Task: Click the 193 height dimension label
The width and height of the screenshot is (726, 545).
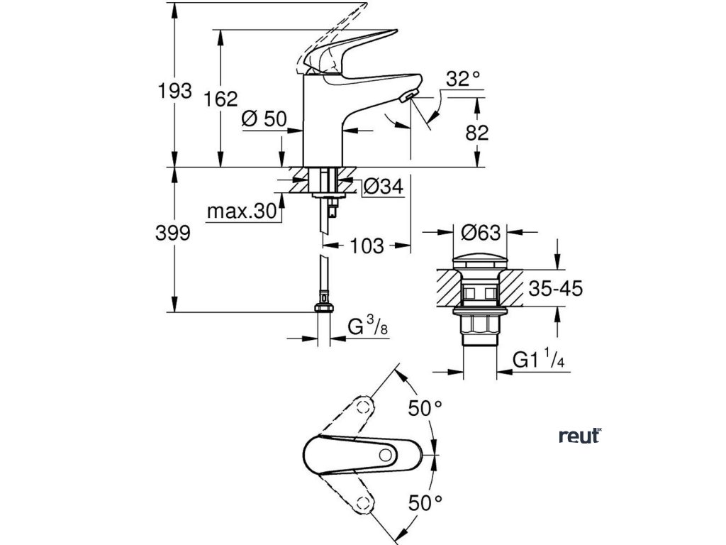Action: (174, 91)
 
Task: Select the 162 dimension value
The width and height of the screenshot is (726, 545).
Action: (221, 99)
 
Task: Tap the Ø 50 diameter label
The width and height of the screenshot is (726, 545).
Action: (264, 119)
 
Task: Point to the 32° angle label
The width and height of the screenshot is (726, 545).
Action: (463, 79)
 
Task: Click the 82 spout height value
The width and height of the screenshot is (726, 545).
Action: (477, 133)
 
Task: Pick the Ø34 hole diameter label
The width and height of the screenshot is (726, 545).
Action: (384, 187)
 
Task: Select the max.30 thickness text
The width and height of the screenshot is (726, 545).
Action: (242, 211)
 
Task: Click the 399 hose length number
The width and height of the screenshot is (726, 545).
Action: (173, 233)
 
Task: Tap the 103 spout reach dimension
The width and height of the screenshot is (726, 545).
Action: (367, 246)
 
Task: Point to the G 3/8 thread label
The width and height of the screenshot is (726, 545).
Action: (369, 328)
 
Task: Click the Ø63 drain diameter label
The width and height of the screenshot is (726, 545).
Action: (481, 233)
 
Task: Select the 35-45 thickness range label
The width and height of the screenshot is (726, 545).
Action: (556, 289)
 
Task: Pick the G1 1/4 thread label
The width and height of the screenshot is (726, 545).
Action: (539, 359)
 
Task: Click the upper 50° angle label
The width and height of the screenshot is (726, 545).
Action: (425, 408)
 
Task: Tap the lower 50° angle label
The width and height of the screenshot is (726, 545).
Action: (425, 502)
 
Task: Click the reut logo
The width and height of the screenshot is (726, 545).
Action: (580, 436)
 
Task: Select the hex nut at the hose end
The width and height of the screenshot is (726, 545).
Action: (323, 308)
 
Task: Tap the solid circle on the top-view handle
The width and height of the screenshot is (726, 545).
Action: (385, 455)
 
